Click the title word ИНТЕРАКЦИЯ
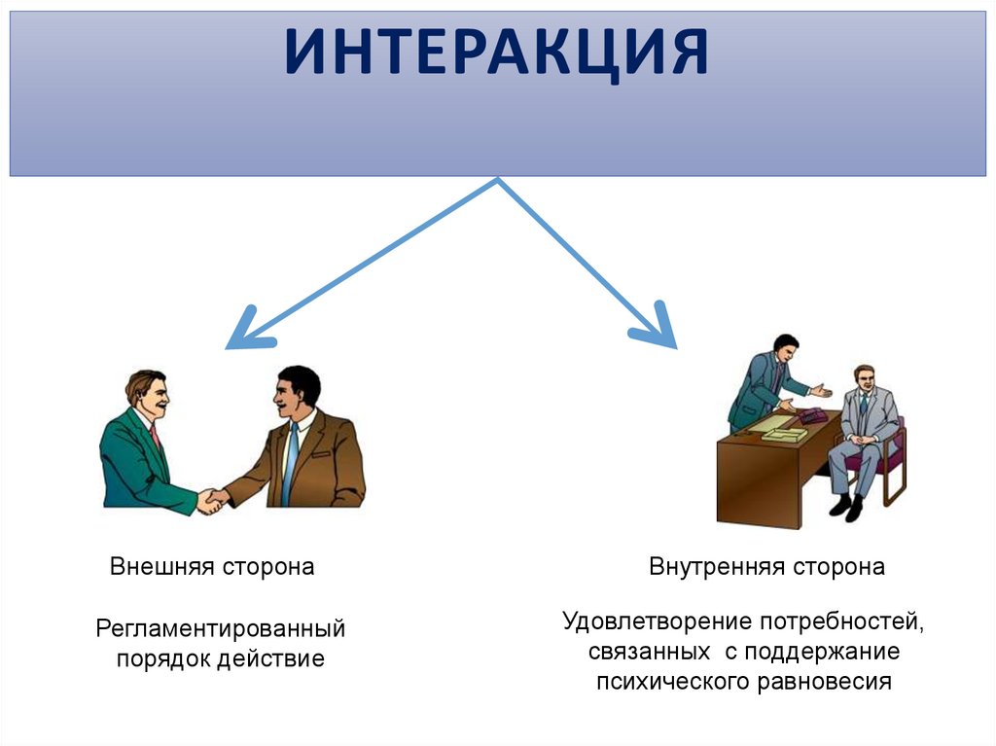[497, 54]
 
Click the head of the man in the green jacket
[147, 390]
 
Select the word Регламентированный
[220, 628]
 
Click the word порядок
[161, 658]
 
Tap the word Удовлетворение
[658, 621]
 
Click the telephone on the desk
[809, 415]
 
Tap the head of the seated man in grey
[862, 376]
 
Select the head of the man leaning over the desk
[785, 346]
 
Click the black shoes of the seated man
[845, 507]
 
